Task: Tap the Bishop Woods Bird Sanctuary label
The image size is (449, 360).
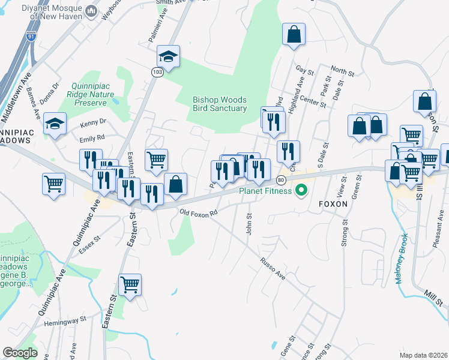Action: pyautogui.click(x=220, y=104)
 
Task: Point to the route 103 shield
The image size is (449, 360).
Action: pyautogui.click(x=157, y=72)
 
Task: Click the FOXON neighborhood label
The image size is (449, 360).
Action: pyautogui.click(x=334, y=203)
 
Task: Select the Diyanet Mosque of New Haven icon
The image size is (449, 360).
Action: pyautogui.click(x=91, y=11)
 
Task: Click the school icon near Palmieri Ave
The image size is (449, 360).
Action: pyautogui.click(x=169, y=58)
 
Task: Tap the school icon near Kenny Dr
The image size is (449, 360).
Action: pyautogui.click(x=55, y=124)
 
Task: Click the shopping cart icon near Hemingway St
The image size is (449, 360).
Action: pyautogui.click(x=130, y=284)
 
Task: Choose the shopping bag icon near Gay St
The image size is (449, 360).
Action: pyautogui.click(x=294, y=34)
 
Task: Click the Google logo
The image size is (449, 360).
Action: pyautogui.click(x=20, y=353)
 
